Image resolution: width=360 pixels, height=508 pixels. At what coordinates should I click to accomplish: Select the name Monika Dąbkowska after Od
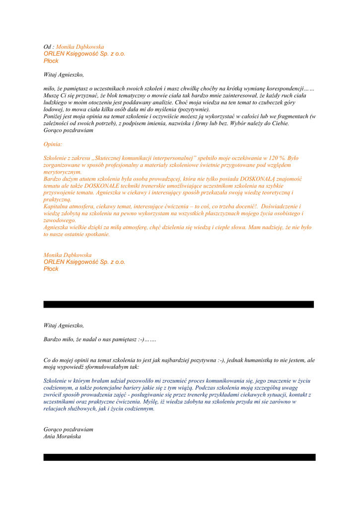pyautogui.click(x=80, y=47)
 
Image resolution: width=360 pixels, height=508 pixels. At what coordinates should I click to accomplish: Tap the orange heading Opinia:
pyautogui.click(x=53, y=144)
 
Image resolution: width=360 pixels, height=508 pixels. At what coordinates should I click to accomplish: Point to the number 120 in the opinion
pyautogui.click(x=272, y=158)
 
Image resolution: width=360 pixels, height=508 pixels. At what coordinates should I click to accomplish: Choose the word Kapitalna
pyautogui.click(x=56, y=206)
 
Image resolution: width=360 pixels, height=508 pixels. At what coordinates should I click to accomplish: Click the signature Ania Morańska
pyautogui.click(x=62, y=437)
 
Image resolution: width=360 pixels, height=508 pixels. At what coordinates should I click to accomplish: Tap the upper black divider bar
pyautogui.click(x=179, y=304)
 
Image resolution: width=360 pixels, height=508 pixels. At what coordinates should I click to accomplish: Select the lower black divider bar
pyautogui.click(x=179, y=457)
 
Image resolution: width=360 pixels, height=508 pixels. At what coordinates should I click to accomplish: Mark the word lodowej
pyautogui.click(x=53, y=109)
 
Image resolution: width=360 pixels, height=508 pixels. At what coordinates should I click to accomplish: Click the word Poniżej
pyautogui.click(x=54, y=116)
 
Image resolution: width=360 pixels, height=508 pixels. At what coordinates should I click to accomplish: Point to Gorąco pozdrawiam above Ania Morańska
pyautogui.click(x=68, y=429)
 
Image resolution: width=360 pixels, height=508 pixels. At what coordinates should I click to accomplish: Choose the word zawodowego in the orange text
pyautogui.click(x=60, y=220)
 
